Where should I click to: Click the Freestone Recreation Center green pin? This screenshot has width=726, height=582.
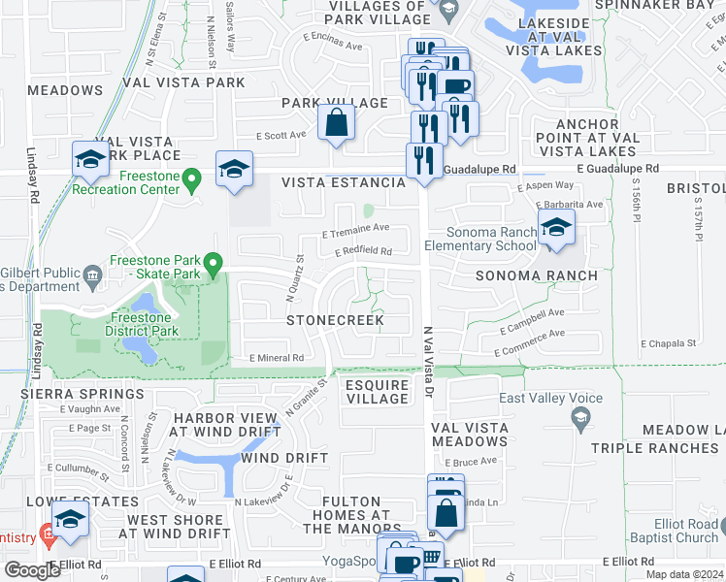coord(192,178)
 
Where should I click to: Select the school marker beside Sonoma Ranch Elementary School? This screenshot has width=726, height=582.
coord(555,229)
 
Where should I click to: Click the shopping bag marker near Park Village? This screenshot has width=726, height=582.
coord(335,123)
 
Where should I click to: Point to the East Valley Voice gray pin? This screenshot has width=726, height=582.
coord(580,417)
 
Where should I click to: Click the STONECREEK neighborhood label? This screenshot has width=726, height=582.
coord(335,320)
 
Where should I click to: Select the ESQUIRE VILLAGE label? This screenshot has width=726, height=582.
coord(378,392)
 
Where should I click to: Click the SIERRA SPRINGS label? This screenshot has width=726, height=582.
coord(82,394)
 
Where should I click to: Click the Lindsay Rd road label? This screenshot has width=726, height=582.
coord(32,175)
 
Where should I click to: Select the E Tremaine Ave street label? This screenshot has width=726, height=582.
coord(355,230)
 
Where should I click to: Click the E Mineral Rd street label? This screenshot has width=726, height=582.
coord(277,358)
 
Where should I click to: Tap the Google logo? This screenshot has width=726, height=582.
coord(32,569)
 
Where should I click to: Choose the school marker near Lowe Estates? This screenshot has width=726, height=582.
coord(70,521)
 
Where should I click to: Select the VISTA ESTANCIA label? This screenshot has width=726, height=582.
coord(343,182)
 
